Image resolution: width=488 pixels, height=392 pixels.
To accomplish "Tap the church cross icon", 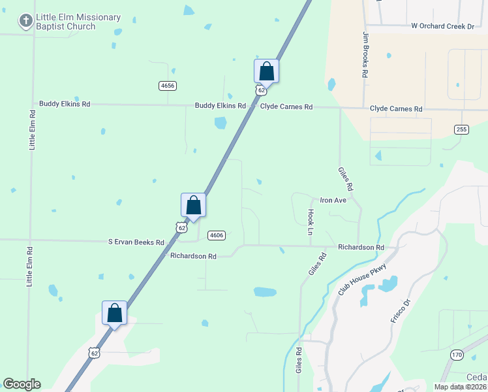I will (x=25, y=22).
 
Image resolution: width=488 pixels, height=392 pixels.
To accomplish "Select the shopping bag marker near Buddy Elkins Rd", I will (x=266, y=71).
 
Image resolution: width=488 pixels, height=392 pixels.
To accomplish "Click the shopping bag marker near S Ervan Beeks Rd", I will (x=193, y=204).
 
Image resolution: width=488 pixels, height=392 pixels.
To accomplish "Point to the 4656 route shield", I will (x=168, y=86).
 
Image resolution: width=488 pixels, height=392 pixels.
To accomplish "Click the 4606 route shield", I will (x=217, y=235).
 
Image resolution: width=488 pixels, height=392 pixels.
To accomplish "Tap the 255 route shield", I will (x=461, y=129).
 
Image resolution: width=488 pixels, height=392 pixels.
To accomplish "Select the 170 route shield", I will (x=457, y=354).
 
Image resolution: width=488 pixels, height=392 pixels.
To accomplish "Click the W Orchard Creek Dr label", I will (x=442, y=26).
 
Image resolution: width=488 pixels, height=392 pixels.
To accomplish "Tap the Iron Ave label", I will (x=332, y=200).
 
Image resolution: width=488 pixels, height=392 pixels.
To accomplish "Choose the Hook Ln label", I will (x=311, y=222).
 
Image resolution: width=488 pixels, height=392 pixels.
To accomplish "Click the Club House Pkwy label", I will (x=363, y=278).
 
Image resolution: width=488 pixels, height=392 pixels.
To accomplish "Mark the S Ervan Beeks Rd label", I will (x=136, y=242).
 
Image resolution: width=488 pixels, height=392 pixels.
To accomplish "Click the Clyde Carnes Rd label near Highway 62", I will (x=286, y=106).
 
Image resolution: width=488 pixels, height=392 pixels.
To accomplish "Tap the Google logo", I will (x=22, y=384).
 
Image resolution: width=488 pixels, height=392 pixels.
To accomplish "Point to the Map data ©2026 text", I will (x=461, y=387).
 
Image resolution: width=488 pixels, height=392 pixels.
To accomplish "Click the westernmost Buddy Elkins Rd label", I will (x=64, y=103).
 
